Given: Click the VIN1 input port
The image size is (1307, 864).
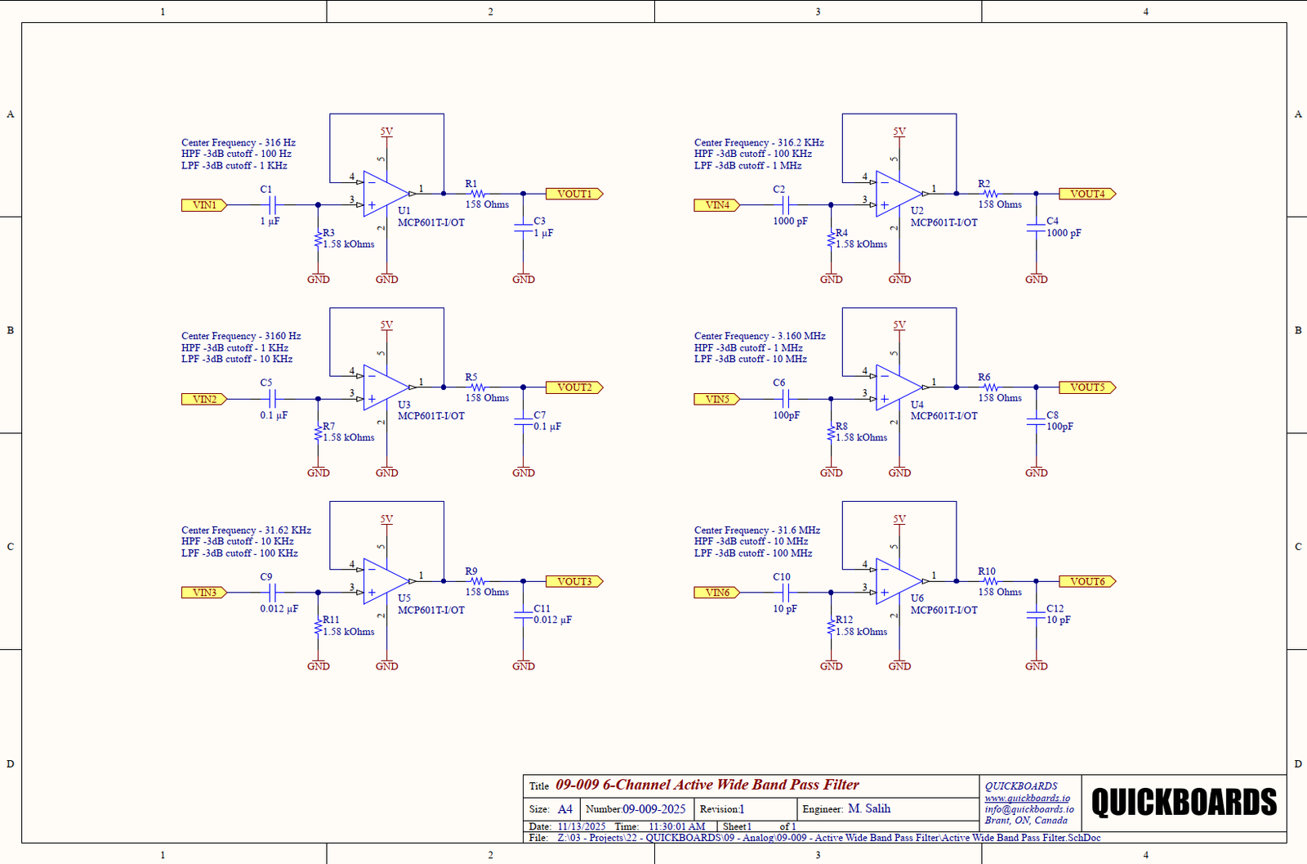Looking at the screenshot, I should tap(203, 205).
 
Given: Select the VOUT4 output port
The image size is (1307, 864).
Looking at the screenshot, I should tap(1086, 194).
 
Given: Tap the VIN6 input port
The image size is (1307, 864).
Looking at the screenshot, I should tap(716, 593).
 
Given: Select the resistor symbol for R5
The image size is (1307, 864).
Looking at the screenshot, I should tap(478, 387).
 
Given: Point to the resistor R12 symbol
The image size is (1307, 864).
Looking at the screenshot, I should tap(831, 628).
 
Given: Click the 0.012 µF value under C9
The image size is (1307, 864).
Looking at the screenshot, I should tap(279, 609).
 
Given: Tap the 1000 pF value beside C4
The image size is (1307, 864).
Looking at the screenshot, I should tap(1064, 233).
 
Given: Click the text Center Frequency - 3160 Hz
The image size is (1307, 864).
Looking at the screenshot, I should tap(241, 336).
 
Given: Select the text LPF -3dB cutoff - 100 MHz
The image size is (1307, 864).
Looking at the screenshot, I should tap(753, 553).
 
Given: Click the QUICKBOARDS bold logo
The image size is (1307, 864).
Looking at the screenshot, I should tap(1184, 802).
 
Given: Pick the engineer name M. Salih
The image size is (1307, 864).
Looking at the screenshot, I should tap(869, 808).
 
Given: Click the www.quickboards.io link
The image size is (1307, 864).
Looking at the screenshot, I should tap(1027, 798).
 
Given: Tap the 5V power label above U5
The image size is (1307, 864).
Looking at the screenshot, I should tap(386, 519).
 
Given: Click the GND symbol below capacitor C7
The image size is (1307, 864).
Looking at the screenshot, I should tap(524, 472).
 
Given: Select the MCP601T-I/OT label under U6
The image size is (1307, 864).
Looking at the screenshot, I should tap(943, 610).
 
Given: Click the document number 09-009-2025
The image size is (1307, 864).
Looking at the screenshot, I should tap(653, 809).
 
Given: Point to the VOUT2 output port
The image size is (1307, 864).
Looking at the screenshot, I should tap(573, 387).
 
